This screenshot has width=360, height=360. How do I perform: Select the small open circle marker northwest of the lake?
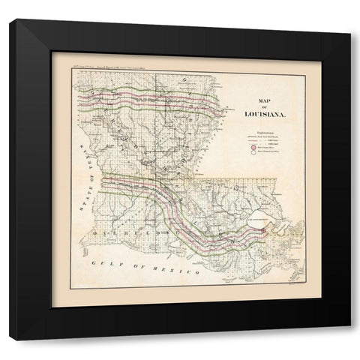pos(238,184)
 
